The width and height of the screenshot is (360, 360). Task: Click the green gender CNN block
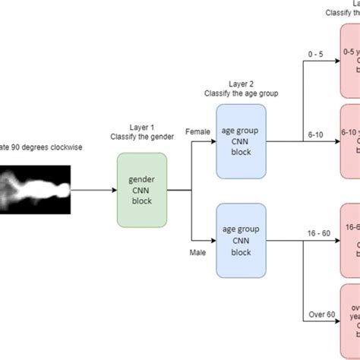(x=142, y=168)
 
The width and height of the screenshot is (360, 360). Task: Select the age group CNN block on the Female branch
(x=242, y=128)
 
